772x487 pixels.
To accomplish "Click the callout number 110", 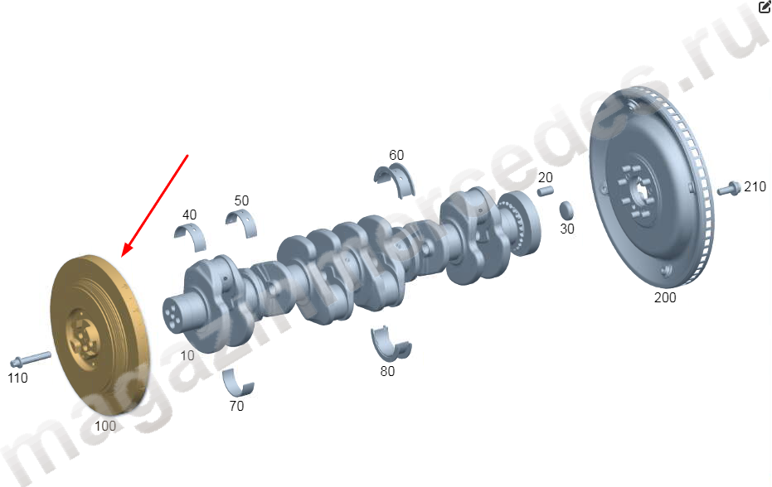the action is pos(17,378).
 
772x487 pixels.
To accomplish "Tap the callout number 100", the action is pos(105,426).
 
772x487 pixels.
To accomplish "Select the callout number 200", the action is pos(665,297).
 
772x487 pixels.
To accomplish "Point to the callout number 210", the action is pos(755,187).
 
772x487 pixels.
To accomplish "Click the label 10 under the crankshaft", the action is pos(187,355).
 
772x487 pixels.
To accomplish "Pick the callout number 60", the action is pos(396,155).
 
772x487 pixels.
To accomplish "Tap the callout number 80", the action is pos(387,371).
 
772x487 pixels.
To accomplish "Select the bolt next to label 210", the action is pos(729,188).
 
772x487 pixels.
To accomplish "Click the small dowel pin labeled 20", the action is pos(545,190).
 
